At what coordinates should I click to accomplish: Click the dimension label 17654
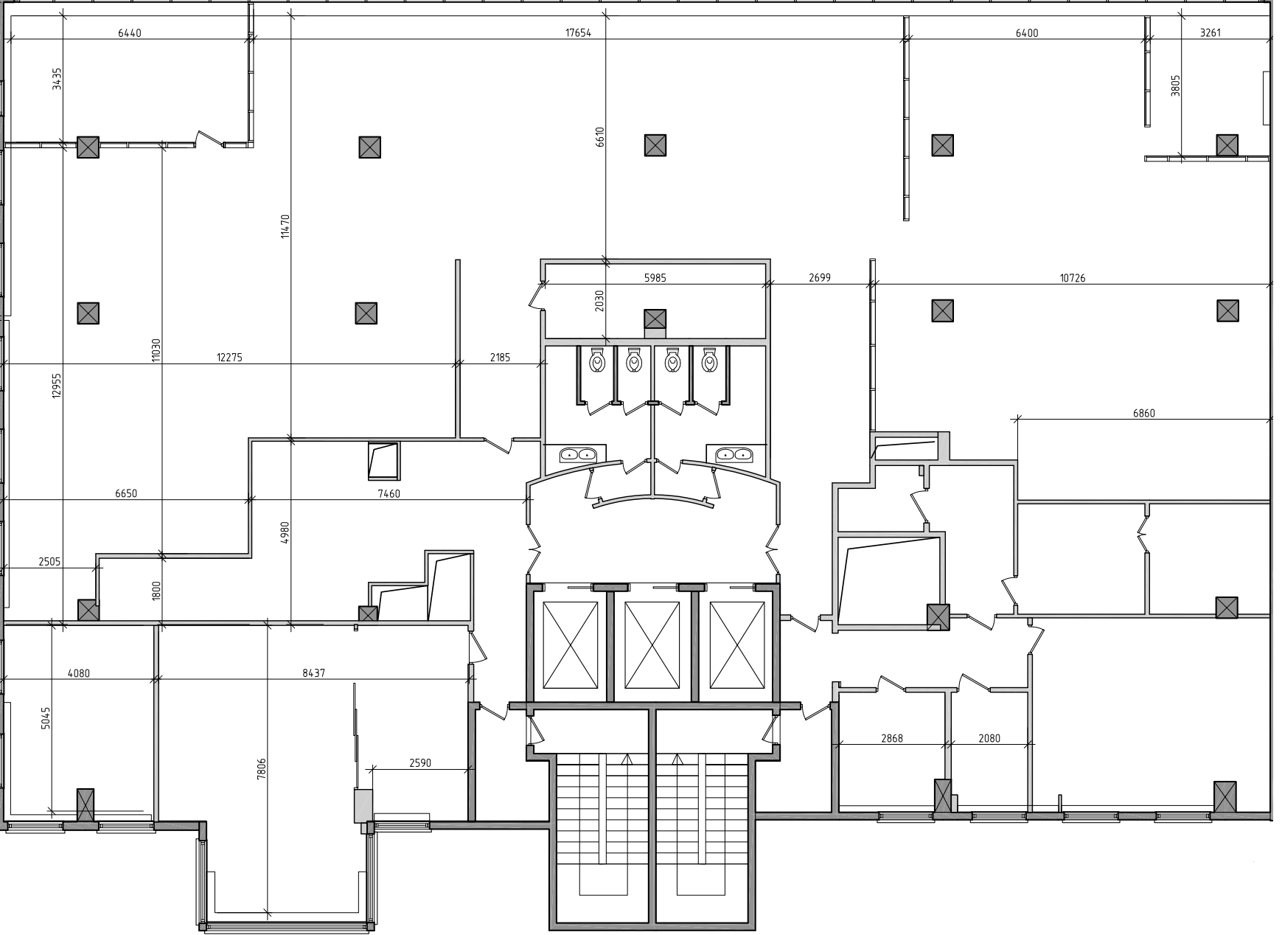[x=578, y=32]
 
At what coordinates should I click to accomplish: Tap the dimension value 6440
[x=129, y=32]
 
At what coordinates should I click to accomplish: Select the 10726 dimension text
[x=1072, y=278]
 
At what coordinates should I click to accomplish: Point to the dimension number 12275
[x=229, y=358]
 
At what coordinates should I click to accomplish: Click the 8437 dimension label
[x=313, y=672]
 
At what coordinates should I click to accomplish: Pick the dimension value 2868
[x=891, y=738]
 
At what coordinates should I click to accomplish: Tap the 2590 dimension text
[x=419, y=763]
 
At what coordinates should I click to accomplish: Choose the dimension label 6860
[x=1143, y=413]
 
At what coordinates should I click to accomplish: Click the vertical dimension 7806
[x=261, y=769]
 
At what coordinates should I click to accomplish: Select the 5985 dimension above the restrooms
[x=655, y=278]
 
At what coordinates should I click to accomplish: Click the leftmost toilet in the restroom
[x=597, y=361]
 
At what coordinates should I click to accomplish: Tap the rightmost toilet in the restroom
[x=709, y=361]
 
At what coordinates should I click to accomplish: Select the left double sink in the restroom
[x=576, y=454]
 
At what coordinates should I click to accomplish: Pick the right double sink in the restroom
[x=733, y=454]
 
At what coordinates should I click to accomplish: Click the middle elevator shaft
[x=652, y=644]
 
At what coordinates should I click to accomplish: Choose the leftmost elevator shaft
[x=570, y=644]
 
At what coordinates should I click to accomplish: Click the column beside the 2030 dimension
[x=655, y=320]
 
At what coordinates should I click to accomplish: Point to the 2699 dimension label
[x=819, y=278]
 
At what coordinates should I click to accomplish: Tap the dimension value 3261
[x=1210, y=32]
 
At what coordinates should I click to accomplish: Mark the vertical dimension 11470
[x=285, y=226]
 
